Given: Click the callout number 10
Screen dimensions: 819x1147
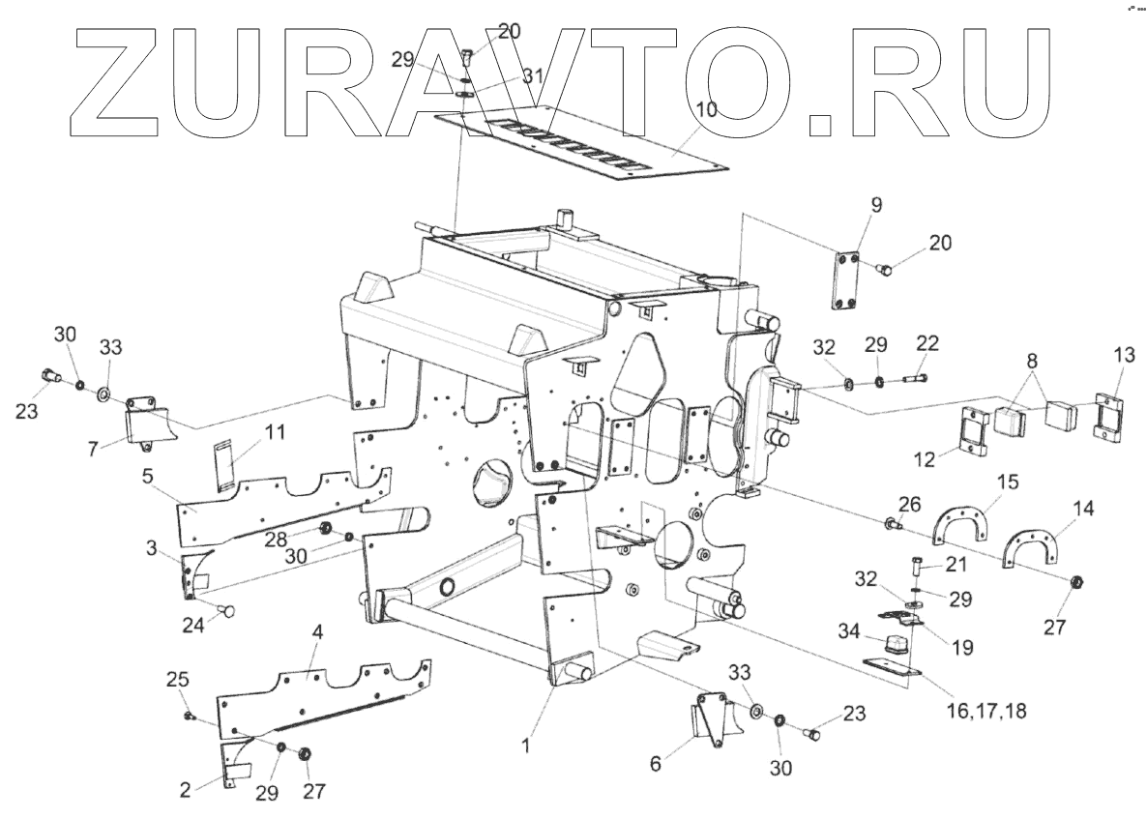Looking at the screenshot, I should [706, 109].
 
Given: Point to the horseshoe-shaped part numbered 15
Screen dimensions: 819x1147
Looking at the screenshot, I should [968, 523].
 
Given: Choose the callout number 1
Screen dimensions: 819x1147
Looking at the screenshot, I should [526, 746].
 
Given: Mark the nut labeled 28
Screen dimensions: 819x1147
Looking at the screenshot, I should [326, 528].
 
